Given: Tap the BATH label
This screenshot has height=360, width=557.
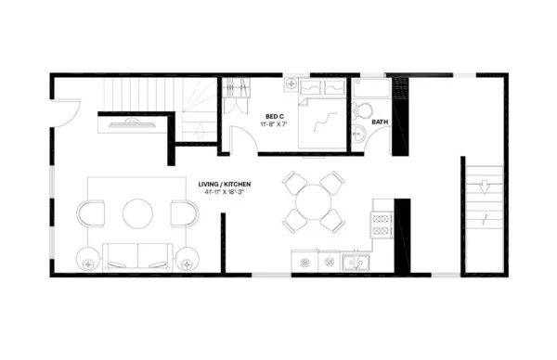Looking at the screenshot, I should coord(381,122).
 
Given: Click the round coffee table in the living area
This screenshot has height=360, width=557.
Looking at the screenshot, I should coord(138,213).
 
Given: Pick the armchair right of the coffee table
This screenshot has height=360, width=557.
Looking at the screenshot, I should coord(184,213).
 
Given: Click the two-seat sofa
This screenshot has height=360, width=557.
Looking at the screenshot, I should coord(138,256).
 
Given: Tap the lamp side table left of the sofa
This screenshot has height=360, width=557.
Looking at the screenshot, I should coord(88,261).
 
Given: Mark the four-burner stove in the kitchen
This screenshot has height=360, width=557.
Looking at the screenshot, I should coord(381,224).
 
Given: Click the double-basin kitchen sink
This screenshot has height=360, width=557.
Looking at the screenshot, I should coord(355,263).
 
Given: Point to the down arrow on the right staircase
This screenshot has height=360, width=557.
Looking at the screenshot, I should coord(484,185).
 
